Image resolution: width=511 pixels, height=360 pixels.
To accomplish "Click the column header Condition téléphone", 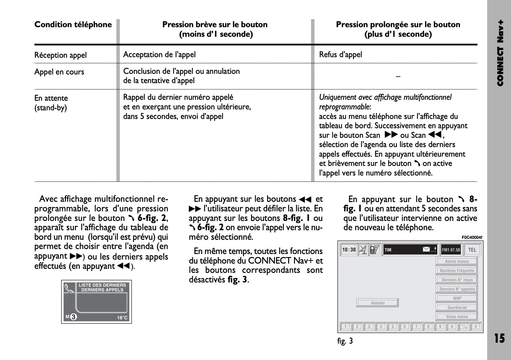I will point(73,25).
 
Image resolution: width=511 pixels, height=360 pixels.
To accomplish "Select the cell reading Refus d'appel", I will point(340,55).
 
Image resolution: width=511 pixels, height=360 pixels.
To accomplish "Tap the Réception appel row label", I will point(60,55).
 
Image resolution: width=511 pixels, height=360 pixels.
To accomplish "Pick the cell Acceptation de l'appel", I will point(159,55).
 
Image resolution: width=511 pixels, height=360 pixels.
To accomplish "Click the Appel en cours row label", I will point(59,72).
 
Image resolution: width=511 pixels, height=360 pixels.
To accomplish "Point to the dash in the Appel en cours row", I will point(398,76).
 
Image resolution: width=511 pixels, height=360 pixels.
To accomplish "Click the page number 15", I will point(499,338).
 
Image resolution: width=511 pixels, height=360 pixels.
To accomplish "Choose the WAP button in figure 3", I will point(457,298).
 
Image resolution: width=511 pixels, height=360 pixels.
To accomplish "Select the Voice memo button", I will point(457,316).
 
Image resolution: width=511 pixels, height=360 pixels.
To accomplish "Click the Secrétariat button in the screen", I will point(457,307).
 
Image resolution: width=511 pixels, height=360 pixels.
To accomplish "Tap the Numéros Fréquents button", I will point(457,271).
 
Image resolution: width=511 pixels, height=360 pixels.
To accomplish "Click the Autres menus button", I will point(457,261).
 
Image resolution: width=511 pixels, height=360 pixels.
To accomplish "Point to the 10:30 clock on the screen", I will point(349,250).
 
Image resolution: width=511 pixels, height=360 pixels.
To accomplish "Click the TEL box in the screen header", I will point(472,250).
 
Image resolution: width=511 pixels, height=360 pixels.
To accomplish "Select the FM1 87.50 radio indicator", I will point(451,250).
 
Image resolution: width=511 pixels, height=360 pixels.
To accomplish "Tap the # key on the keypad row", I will point(476,326).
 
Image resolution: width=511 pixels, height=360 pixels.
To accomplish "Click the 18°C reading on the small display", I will point(122,318).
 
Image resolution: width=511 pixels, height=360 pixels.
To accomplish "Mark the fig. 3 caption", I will point(345,341).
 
